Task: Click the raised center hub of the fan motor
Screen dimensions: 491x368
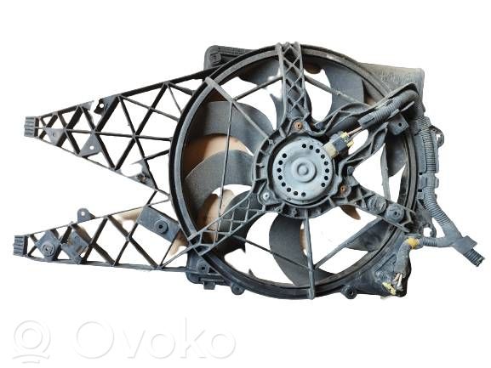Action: [x=302, y=170]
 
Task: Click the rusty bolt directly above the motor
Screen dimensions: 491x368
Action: [x=299, y=126]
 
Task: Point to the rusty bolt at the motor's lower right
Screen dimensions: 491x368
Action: [x=344, y=189]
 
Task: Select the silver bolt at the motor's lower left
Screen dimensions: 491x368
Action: [x=265, y=195]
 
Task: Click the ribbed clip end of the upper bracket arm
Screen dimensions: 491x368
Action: [x=31, y=127]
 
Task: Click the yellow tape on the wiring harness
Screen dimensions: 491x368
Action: [x=412, y=242]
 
